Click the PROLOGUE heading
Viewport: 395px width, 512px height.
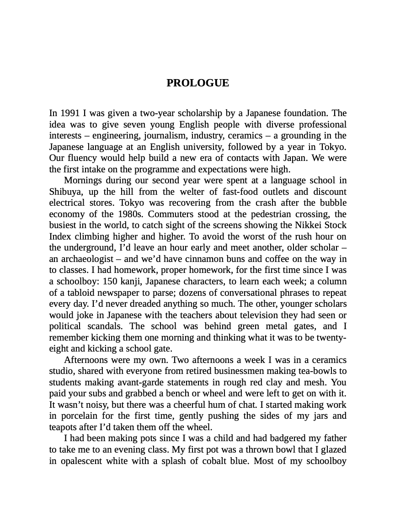[197, 83]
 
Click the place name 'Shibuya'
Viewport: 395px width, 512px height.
[64, 192]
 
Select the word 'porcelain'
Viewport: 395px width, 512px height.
[79, 416]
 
